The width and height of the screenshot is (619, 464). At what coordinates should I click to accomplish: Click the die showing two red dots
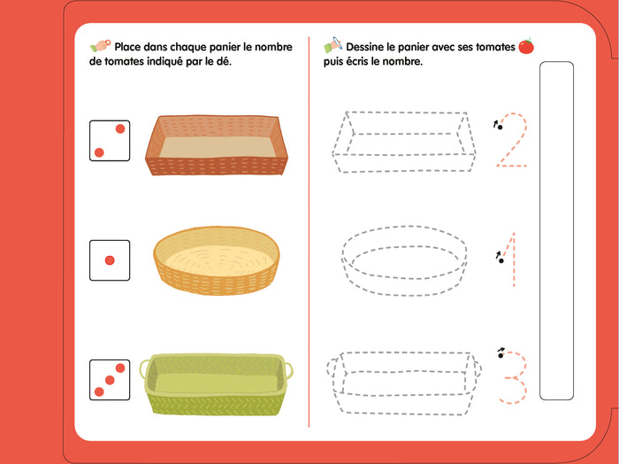click(110, 141)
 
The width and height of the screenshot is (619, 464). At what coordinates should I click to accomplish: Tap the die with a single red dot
click(110, 260)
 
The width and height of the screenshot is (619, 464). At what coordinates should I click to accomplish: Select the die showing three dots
click(110, 380)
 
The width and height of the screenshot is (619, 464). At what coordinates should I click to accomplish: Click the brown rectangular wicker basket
click(217, 145)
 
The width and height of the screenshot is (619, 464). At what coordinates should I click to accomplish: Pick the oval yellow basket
click(217, 260)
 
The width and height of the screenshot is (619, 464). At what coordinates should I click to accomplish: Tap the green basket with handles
click(217, 384)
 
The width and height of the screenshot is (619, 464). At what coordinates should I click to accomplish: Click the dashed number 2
click(512, 140)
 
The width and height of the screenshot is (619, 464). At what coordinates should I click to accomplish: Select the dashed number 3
click(515, 377)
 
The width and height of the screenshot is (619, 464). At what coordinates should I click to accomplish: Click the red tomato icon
click(526, 46)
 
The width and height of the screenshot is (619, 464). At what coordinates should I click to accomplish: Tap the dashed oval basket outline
click(404, 260)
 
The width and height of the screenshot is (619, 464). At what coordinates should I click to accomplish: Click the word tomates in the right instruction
click(495, 47)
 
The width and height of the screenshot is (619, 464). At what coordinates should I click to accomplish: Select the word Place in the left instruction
click(127, 47)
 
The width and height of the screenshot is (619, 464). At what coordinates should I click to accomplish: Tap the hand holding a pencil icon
click(332, 44)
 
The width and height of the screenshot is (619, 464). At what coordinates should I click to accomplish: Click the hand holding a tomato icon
click(100, 45)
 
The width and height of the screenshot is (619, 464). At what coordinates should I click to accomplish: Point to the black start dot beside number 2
click(501, 128)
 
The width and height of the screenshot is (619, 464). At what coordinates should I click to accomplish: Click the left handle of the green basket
click(143, 369)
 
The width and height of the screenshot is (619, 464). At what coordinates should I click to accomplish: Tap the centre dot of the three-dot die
click(110, 380)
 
